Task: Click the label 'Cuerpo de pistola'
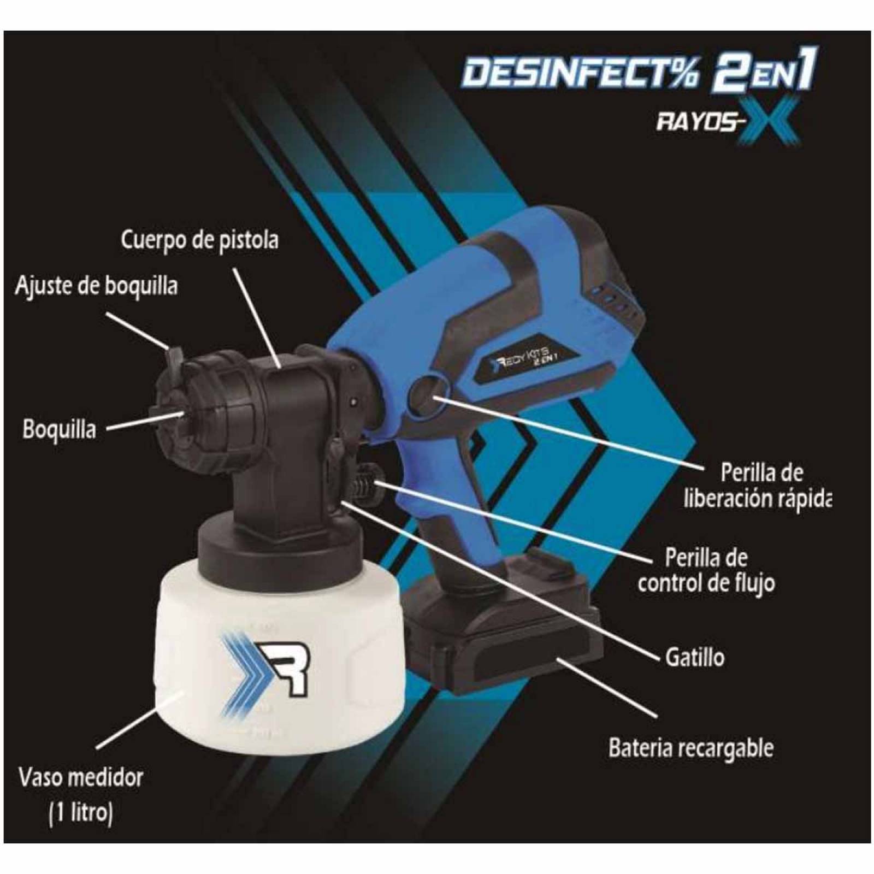(199, 240)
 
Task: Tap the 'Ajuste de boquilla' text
(96, 286)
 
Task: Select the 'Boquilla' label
(59, 429)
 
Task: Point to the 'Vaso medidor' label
(81, 777)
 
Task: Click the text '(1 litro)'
(81, 813)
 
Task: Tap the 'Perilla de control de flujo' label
(706, 571)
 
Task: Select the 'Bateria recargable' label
(691, 748)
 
